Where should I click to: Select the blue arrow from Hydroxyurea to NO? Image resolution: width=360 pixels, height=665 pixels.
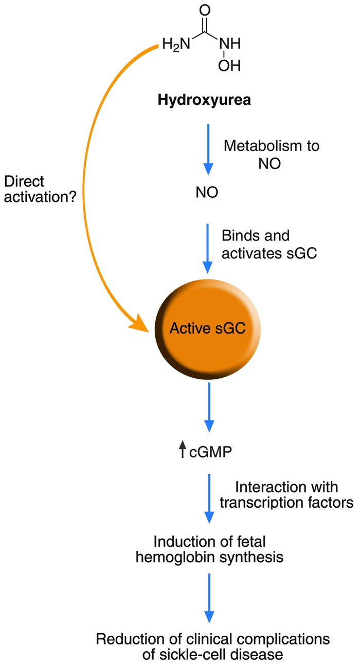pos(207,149)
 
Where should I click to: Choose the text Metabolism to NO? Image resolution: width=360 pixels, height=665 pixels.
pos(271,153)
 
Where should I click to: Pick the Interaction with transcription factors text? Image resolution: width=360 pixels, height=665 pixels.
pos(286,494)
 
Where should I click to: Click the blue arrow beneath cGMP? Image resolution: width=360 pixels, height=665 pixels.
pos(207,498)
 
